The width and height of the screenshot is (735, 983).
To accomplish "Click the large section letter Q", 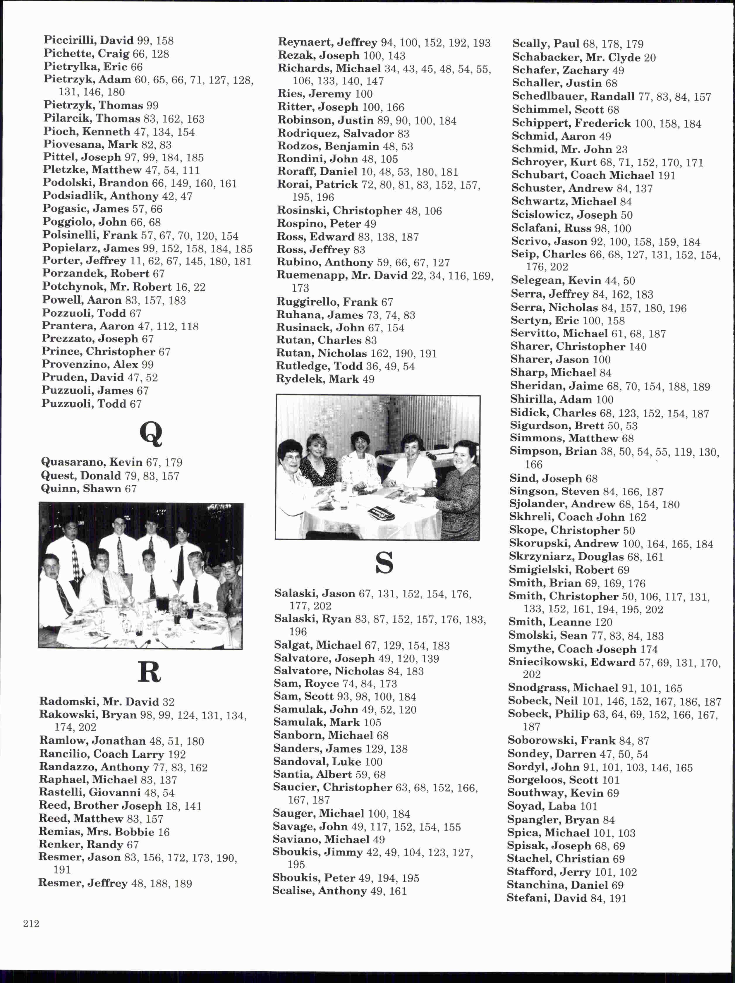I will click(151, 434).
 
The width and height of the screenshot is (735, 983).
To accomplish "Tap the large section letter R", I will click(149, 672).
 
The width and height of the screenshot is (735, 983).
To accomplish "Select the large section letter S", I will click(384, 563).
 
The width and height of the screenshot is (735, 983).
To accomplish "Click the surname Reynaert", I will click(305, 43).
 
